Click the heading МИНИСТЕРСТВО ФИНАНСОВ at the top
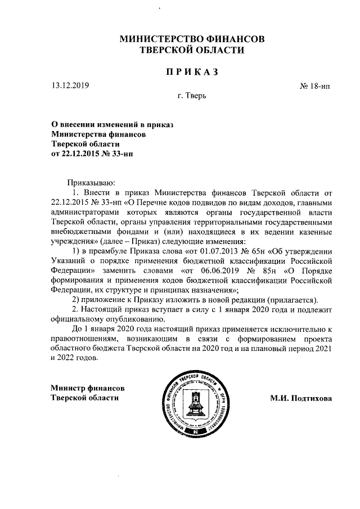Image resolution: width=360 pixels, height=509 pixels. pyautogui.click(x=192, y=39)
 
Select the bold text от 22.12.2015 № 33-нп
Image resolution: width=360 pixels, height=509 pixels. pyautogui.click(x=93, y=152)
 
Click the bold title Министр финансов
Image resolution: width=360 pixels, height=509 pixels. pyautogui.click(x=87, y=388)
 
